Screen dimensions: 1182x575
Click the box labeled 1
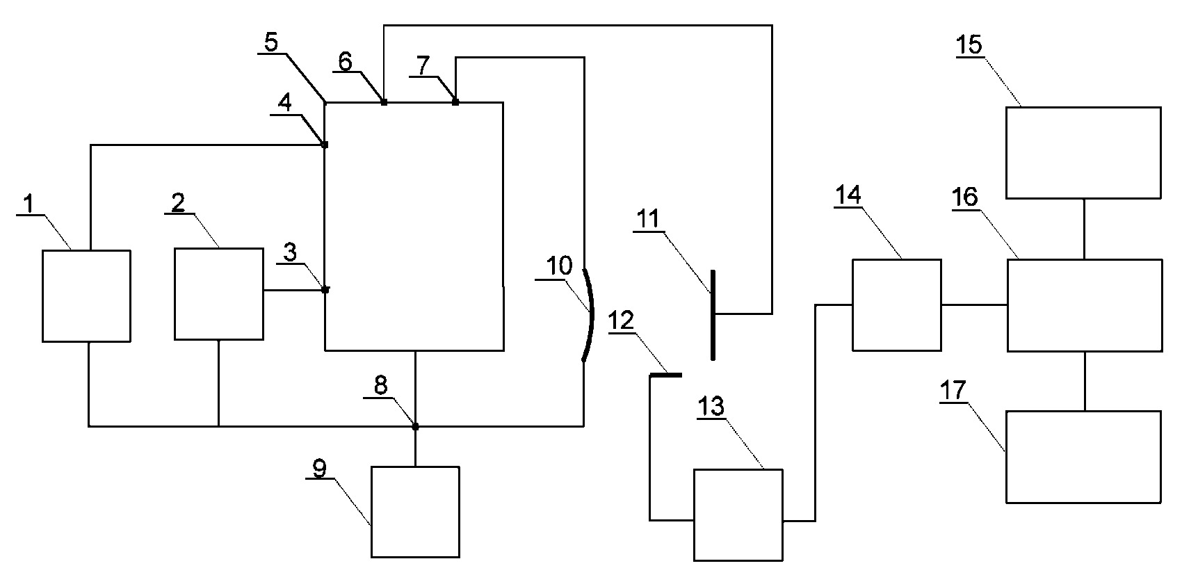pos(86,296)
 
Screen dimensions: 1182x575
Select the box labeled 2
pos(219,294)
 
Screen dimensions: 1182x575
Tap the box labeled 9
pos(415,512)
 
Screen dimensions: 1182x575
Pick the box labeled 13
pos(738,515)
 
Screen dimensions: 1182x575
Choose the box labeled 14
pos(897,305)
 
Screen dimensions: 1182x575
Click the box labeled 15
pos(1083,153)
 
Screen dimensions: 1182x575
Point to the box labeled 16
pos(1085,305)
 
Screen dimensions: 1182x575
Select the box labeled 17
pos(1084,457)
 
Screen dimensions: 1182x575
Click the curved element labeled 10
pos(590,316)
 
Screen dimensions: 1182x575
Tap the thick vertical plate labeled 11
pos(713,315)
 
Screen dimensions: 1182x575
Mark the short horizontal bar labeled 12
pos(665,375)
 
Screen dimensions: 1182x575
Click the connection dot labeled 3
pos(325,290)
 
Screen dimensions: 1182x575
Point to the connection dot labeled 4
pos(325,145)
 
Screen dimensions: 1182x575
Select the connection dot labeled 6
pos(384,102)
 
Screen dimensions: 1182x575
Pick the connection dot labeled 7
pos(455,102)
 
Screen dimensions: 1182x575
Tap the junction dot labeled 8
pos(415,426)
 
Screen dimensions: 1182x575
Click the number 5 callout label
pos(270,42)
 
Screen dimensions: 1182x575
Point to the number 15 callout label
pos(969,44)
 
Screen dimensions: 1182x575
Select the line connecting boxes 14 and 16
pos(974,305)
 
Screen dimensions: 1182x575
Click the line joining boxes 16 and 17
pos(1085,381)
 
